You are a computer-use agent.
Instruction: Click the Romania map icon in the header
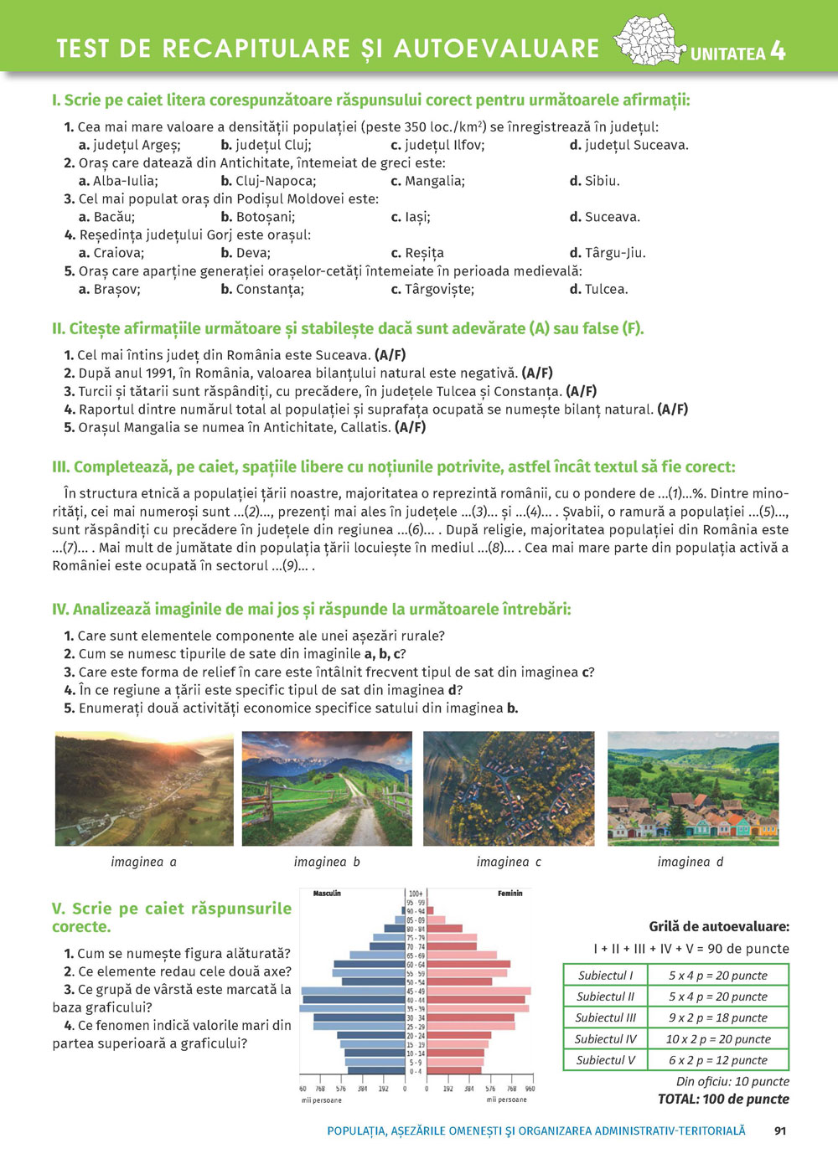[649, 40]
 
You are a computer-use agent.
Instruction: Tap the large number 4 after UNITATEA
[778, 52]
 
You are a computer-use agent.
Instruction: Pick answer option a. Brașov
[110, 289]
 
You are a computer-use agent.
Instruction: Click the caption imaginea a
[143, 862]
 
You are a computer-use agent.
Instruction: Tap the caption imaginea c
[509, 862]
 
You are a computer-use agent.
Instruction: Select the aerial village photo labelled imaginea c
[509, 788]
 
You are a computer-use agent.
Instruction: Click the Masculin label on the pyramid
[327, 894]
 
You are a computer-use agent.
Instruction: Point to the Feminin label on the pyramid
[510, 894]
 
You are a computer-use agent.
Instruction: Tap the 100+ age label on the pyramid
[416, 894]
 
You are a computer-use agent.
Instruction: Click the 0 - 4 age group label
[416, 1071]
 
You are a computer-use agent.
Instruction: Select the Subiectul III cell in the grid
[606, 1017]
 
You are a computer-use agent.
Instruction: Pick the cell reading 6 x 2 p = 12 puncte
[717, 1060]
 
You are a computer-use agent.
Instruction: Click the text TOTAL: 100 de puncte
[723, 1099]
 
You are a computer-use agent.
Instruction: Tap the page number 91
[780, 1131]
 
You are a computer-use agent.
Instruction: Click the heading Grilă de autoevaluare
[719, 926]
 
